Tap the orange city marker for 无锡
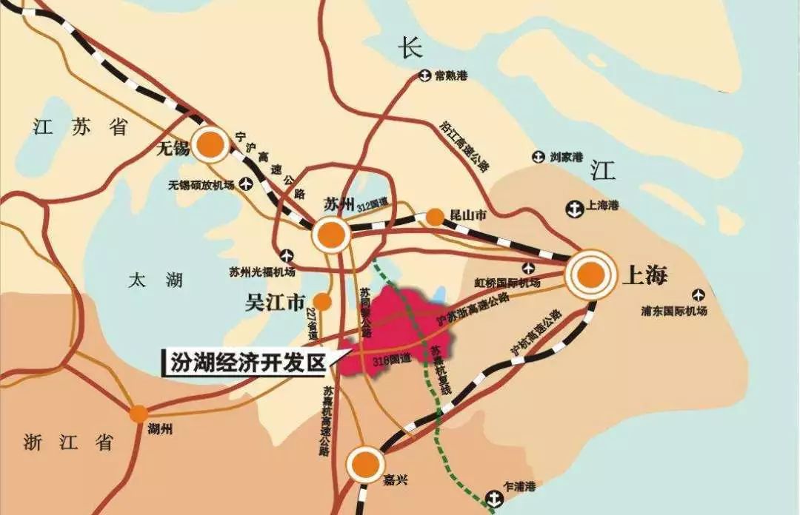pyautogui.click(x=210, y=144)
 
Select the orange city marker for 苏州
pyautogui.click(x=331, y=235)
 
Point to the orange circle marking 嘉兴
pyautogui.click(x=364, y=464)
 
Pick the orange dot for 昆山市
pyautogui.click(x=435, y=218)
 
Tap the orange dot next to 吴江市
pyautogui.click(x=322, y=301)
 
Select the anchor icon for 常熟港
pyautogui.click(x=425, y=75)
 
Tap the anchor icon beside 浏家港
pyautogui.click(x=539, y=157)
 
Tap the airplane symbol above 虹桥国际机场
pyautogui.click(x=528, y=268)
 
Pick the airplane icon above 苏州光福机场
pyautogui.click(x=287, y=256)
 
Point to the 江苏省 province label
pyautogui.click(x=81, y=127)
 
